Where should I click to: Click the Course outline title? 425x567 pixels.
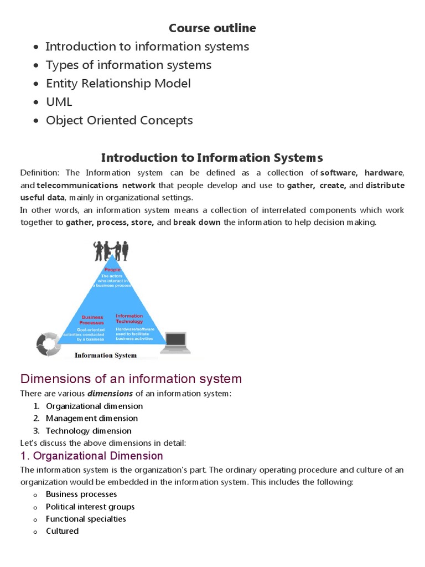pos(212,28)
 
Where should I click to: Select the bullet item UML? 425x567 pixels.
pos(59,102)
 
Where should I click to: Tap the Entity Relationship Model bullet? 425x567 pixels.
pos(118,84)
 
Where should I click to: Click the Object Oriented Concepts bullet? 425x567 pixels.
pos(119,120)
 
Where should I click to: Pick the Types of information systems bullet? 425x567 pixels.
pos(128,65)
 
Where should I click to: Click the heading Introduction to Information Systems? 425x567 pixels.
pos(212,158)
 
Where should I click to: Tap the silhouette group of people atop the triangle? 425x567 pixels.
pos(111,250)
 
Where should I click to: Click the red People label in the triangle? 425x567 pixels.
pos(112,270)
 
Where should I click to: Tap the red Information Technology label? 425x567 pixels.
pos(129,318)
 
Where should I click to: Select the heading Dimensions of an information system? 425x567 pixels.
pos(131,379)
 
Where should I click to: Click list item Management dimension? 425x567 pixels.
pos(92,419)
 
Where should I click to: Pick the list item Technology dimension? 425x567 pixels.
pos(89,431)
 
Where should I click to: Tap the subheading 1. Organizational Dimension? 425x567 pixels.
pos(92,456)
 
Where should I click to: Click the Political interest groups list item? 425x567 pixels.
pos(90,507)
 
